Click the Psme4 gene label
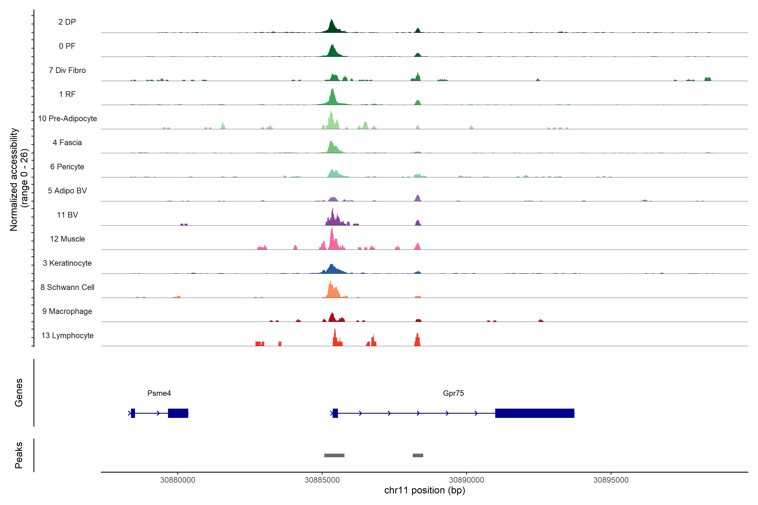pos(159,393)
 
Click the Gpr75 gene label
pos(453,393)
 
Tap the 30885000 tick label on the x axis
pos(322,480)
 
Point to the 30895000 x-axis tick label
pos(611,480)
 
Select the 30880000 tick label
pos(177,480)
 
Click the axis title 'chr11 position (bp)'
pos(424,490)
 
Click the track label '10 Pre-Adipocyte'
pos(67,118)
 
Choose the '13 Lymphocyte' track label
pos(67,336)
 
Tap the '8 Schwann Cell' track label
pos(67,287)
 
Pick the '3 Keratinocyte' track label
pos(67,263)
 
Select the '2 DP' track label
pos(67,22)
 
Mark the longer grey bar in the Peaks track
pos(334,455)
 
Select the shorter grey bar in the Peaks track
pos(418,455)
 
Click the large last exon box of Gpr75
pos(535,413)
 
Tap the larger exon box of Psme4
pos(178,413)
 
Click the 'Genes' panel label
pos(19,393)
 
